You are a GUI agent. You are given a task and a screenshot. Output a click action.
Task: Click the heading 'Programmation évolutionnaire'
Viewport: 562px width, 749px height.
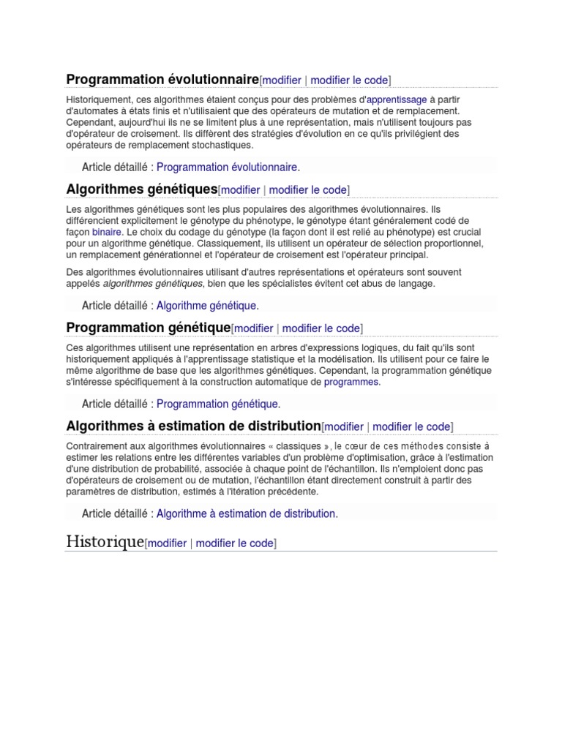(x=162, y=79)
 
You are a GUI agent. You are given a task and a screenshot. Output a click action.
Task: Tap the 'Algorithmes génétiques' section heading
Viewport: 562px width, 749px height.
(x=142, y=189)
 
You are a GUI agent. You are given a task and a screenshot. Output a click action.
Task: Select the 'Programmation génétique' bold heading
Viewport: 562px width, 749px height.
(x=149, y=327)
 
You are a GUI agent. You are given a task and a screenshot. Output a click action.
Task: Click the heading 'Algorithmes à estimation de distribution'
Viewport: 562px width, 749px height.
(x=194, y=426)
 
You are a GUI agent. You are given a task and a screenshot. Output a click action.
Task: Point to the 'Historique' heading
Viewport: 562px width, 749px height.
(x=105, y=542)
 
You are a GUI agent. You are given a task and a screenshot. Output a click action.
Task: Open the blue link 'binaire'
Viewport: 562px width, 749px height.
(x=107, y=232)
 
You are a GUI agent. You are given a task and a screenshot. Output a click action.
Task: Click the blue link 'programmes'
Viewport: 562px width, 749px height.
(x=351, y=382)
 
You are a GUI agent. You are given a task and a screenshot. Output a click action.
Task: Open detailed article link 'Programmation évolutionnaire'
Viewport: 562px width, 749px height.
(x=227, y=167)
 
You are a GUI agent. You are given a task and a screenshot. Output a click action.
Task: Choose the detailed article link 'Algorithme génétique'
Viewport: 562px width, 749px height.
(x=207, y=306)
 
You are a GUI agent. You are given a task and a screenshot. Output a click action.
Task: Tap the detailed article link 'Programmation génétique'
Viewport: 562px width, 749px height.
(x=217, y=404)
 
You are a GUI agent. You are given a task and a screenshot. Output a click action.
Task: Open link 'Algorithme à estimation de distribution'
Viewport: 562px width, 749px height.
(x=246, y=513)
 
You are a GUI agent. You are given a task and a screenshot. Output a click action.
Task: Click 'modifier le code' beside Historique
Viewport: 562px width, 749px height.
(x=234, y=543)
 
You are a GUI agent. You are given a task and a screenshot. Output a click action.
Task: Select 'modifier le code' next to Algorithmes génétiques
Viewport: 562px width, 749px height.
(x=307, y=190)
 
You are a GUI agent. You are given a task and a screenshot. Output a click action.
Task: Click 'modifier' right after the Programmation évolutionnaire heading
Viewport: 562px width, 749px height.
(x=282, y=80)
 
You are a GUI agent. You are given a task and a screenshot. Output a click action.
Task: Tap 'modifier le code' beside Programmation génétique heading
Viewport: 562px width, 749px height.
(x=321, y=328)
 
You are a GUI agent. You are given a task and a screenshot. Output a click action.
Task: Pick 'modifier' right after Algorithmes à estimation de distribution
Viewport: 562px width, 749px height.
(x=344, y=427)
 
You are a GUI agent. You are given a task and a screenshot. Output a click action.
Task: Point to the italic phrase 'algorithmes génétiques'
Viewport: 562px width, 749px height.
(x=153, y=283)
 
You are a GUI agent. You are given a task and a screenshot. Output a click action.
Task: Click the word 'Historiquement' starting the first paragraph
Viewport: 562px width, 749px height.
(x=101, y=99)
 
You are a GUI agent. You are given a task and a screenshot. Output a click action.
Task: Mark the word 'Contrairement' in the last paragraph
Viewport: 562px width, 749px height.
(x=100, y=445)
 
